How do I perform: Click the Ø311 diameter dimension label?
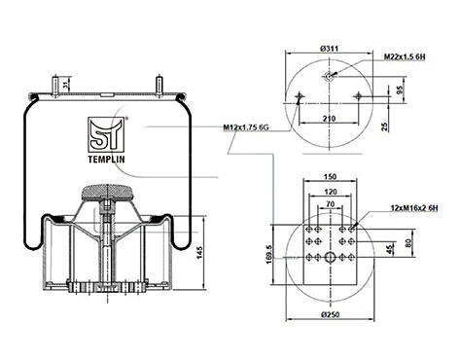(x=328, y=48)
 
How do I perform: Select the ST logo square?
(x=103, y=130)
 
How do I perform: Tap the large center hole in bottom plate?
(x=329, y=257)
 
